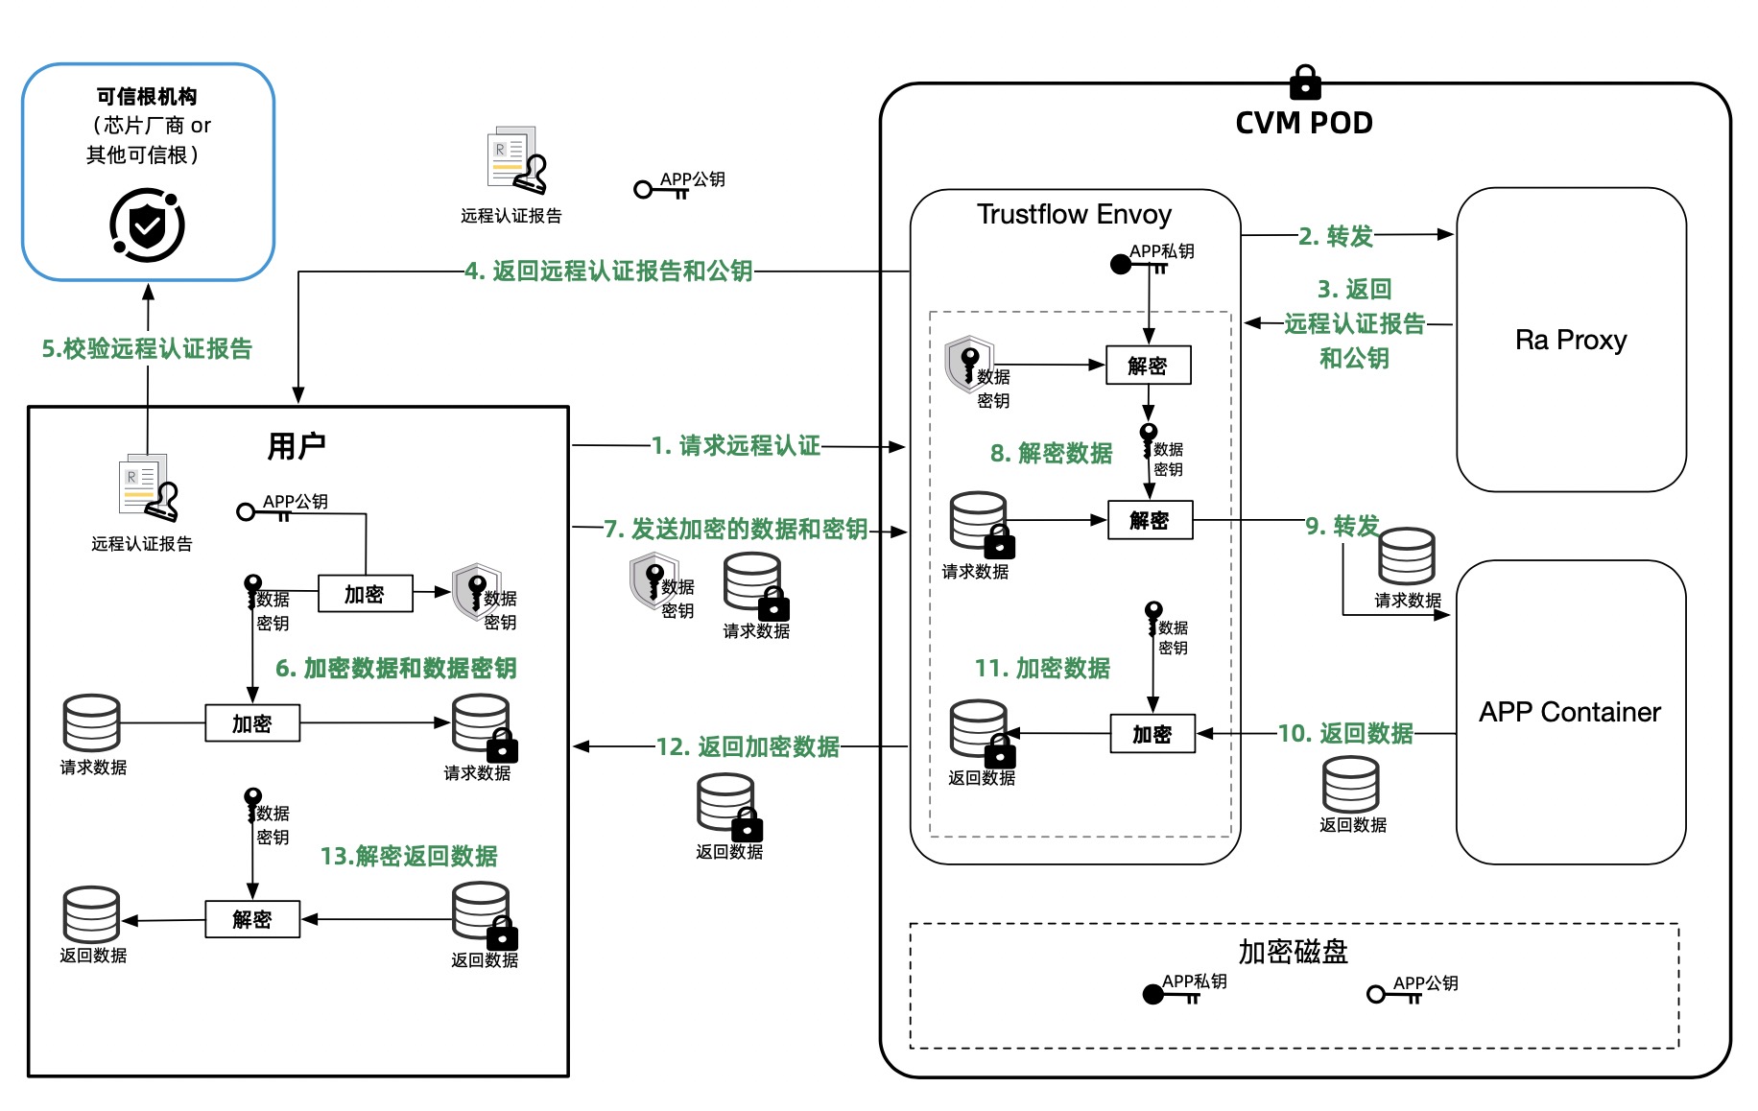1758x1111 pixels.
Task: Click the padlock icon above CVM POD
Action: pos(1304,83)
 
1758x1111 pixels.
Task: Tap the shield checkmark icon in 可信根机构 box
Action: pos(147,225)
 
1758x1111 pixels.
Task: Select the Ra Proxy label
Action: pos(1571,340)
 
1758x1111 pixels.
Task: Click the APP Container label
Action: pos(1570,712)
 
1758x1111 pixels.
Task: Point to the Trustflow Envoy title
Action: pos(1074,214)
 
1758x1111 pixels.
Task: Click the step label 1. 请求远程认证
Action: pos(735,445)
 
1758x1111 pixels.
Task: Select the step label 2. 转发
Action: pos(1336,236)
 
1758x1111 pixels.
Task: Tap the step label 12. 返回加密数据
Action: pos(748,746)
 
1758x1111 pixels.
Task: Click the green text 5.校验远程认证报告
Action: pos(147,348)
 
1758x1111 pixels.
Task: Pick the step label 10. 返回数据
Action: pos(1345,733)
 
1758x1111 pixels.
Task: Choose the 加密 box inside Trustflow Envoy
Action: pos(1152,734)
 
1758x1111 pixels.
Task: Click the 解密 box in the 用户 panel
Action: pos(252,919)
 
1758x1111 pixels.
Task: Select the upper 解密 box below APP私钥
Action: pos(1148,366)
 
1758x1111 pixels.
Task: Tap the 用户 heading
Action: pos(297,446)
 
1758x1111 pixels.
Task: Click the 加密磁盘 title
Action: pos(1293,952)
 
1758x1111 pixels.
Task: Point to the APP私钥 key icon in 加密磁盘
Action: pos(1154,995)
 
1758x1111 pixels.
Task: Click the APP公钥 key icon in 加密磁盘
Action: pos(1378,995)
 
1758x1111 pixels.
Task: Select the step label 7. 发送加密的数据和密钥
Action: pos(735,529)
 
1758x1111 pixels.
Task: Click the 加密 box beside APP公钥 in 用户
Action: pos(365,594)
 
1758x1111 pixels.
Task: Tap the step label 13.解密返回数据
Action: pos(409,856)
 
